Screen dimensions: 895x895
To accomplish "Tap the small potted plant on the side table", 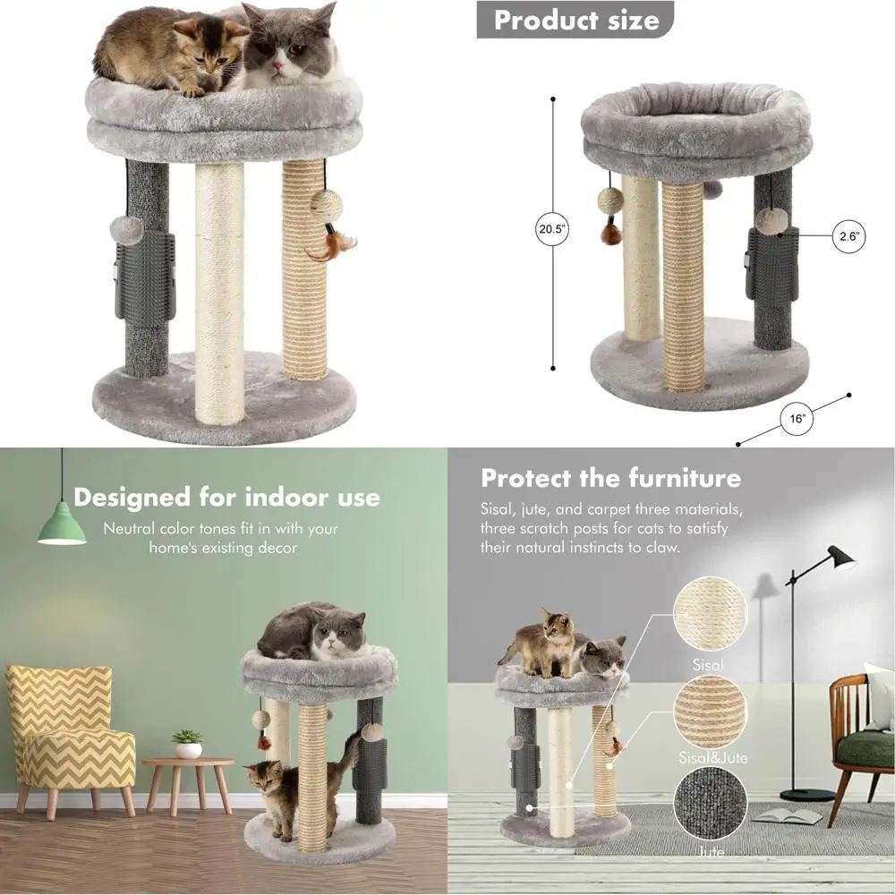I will point(187,744).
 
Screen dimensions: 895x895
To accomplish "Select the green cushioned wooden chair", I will point(862,734).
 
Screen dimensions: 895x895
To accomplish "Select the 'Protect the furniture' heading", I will point(610,477).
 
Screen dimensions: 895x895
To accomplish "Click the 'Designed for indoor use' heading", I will point(226,497).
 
